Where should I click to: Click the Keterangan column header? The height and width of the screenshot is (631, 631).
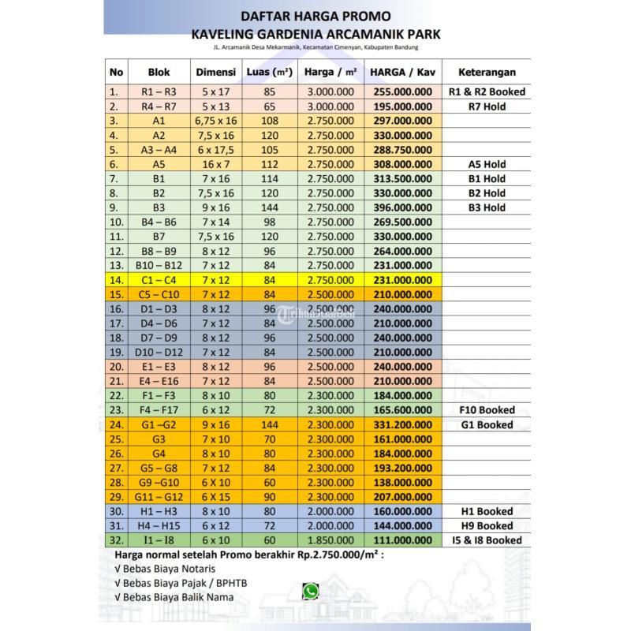pyautogui.click(x=487, y=72)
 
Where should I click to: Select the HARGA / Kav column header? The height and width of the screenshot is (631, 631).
pyautogui.click(x=402, y=72)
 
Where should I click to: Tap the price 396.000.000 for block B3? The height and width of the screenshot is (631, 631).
pyautogui.click(x=402, y=207)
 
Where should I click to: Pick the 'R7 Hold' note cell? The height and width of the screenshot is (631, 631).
pyautogui.click(x=487, y=106)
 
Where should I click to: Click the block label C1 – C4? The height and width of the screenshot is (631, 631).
pyautogui.click(x=159, y=280)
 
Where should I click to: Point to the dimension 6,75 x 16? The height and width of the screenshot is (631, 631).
pyautogui.click(x=215, y=121)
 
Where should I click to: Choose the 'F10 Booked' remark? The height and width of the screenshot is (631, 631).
pyautogui.click(x=487, y=410)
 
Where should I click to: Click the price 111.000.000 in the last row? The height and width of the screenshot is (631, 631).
pyautogui.click(x=402, y=540)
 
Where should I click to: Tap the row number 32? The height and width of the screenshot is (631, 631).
pyautogui.click(x=117, y=540)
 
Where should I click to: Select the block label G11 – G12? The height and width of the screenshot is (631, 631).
pyautogui.click(x=159, y=497)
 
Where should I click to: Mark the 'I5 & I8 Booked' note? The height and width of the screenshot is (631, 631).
pyautogui.click(x=487, y=540)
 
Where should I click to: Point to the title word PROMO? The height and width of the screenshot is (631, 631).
pyautogui.click(x=362, y=16)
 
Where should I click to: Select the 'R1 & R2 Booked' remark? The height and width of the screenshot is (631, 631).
pyautogui.click(x=487, y=91)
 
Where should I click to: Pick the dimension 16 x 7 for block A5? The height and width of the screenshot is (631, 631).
pyautogui.click(x=215, y=164)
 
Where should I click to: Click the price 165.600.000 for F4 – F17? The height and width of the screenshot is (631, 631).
pyautogui.click(x=402, y=410)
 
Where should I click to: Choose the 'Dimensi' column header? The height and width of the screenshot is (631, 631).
pyautogui.click(x=215, y=72)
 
